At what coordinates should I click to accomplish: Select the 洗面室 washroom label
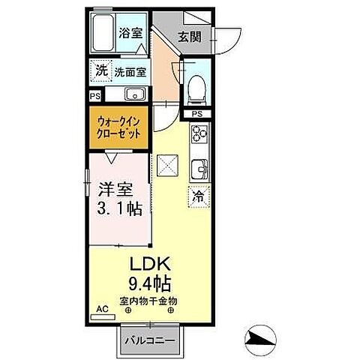(x=130, y=72)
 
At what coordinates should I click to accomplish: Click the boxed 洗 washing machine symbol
(x=101, y=70)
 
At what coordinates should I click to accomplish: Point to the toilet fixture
(x=196, y=87)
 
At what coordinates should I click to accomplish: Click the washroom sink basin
(x=135, y=94)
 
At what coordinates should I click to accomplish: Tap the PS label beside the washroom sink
(x=94, y=95)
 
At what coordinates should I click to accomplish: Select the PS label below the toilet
(x=196, y=113)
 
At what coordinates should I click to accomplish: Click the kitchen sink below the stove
(x=199, y=167)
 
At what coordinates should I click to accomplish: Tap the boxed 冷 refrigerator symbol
(x=199, y=196)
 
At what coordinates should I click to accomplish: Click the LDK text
(x=152, y=265)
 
